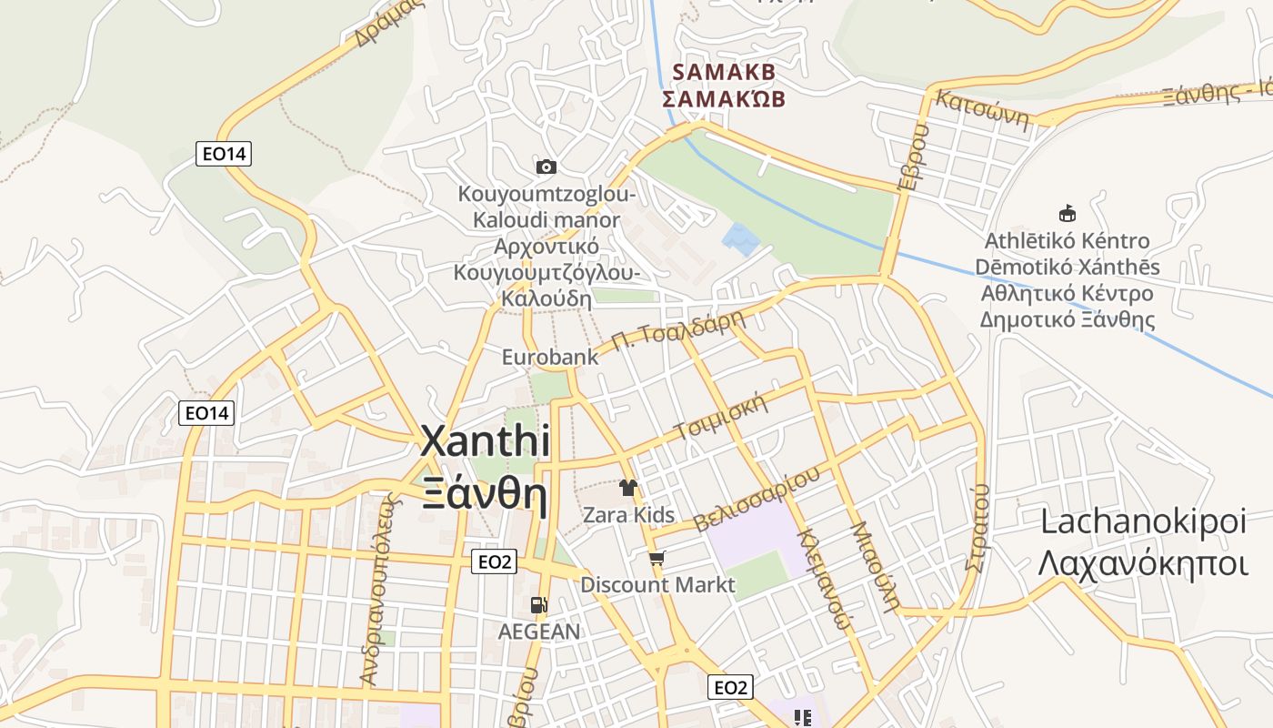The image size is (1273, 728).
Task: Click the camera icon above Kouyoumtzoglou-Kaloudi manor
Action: coord(546,167)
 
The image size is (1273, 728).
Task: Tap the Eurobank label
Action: coord(550,357)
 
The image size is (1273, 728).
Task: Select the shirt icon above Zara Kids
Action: coord(628,487)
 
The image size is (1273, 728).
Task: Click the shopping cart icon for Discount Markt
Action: coord(657,559)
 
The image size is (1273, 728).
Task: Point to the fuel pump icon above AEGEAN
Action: coord(539,604)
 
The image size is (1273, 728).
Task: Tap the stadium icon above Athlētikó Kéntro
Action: coord(1068,214)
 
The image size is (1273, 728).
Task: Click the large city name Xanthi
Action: coord(485,441)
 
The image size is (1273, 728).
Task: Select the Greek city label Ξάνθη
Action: coord(485,496)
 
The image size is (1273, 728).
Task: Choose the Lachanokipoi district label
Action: coord(1142,522)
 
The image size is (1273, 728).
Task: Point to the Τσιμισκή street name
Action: coord(720,419)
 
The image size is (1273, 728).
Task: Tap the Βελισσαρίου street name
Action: coord(757,499)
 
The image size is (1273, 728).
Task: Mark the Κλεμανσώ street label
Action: coord(824,579)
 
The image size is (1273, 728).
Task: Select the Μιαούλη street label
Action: coord(875,566)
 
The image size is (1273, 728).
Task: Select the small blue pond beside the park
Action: coord(740,239)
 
